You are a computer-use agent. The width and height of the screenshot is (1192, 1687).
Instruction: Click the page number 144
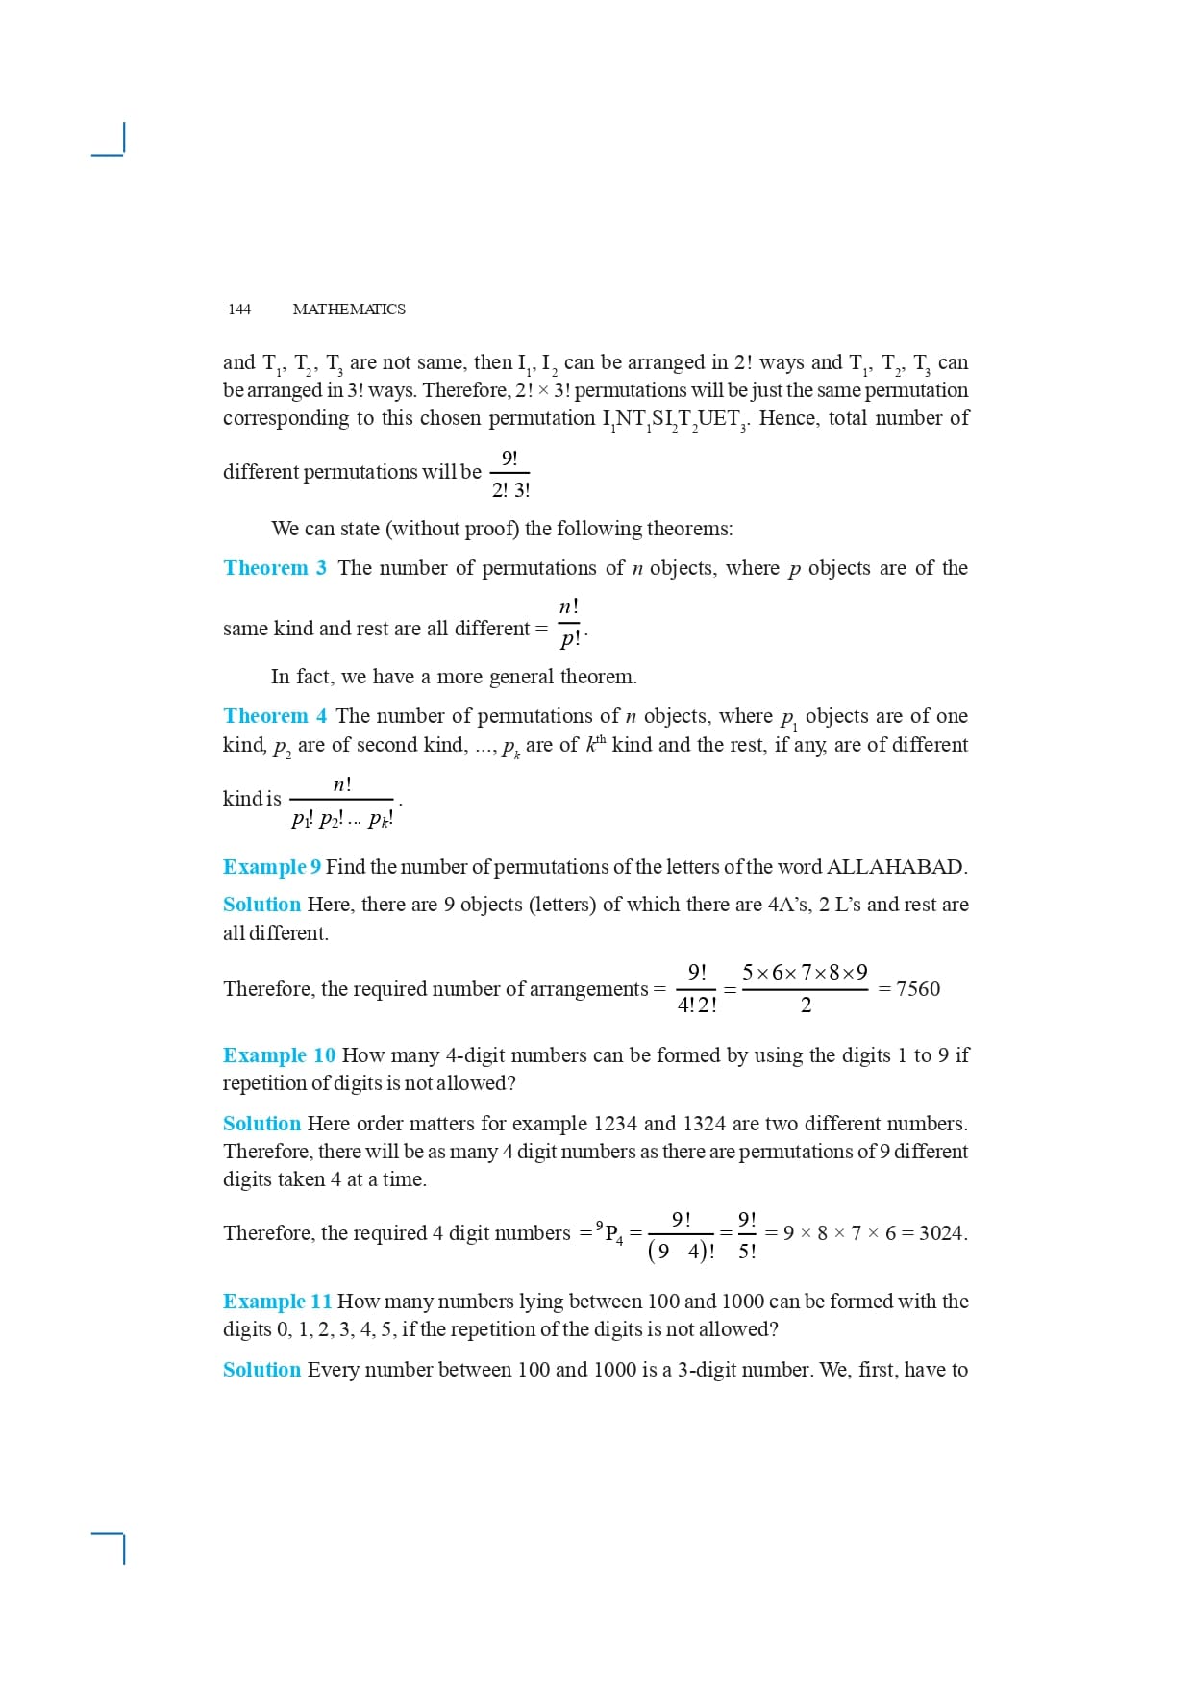tap(239, 309)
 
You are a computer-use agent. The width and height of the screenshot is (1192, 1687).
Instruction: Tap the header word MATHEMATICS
tap(349, 309)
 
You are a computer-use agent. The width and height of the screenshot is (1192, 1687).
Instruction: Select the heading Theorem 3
tap(275, 568)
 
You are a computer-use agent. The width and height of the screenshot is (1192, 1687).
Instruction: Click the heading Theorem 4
tap(275, 716)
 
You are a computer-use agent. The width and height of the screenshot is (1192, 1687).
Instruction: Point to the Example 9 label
tap(272, 867)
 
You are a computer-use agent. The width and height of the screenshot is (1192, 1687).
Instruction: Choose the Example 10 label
tap(279, 1055)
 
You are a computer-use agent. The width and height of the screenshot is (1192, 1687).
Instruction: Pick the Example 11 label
tap(277, 1302)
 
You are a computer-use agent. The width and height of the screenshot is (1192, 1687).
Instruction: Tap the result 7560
tap(918, 989)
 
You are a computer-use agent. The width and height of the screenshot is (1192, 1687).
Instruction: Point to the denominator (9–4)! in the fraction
tap(681, 1252)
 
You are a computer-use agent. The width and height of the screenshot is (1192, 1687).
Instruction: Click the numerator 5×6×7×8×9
tap(805, 972)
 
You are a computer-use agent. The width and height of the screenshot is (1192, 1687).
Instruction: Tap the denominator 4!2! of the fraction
tap(697, 1005)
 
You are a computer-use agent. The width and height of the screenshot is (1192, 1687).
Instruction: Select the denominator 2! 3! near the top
tap(510, 490)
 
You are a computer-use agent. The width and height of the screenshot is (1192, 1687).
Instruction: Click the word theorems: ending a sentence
tap(689, 529)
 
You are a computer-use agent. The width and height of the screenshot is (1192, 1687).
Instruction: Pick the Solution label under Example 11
tap(261, 1370)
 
